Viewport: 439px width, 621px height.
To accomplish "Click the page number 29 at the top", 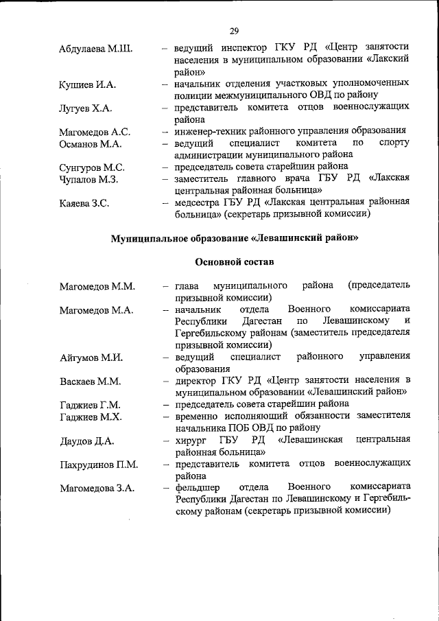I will (x=234, y=31).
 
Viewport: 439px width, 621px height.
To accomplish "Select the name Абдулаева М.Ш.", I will (x=96, y=49).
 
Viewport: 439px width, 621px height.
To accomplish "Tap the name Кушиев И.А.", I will (x=88, y=85).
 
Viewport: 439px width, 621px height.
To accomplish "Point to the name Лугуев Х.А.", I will (x=86, y=108).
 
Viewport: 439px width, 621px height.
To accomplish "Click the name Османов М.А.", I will (x=91, y=144).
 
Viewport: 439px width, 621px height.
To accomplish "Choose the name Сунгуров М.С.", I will (x=92, y=167).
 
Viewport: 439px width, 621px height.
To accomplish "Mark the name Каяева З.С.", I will (x=84, y=203).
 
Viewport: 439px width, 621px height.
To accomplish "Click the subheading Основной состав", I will (x=235, y=261).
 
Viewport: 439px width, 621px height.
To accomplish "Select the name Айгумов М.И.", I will (x=91, y=358).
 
